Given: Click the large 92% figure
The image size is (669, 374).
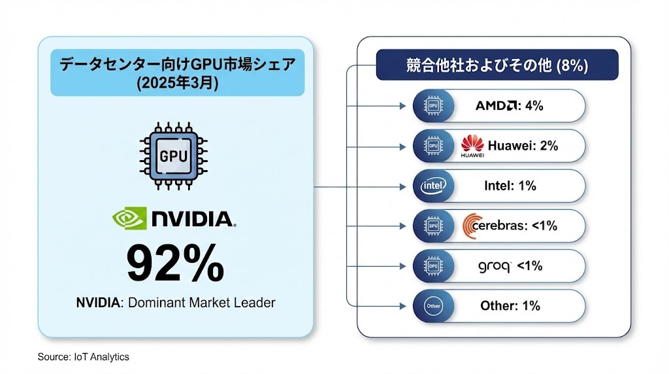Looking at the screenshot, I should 174,263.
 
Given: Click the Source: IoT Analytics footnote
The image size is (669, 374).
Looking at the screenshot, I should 83,356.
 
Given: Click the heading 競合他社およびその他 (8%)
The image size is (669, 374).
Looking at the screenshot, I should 497,65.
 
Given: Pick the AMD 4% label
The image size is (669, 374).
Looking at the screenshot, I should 509,105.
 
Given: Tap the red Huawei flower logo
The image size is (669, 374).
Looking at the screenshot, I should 472,144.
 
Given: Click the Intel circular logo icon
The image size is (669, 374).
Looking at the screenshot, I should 432,186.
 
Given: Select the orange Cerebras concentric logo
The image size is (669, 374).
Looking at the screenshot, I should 472,226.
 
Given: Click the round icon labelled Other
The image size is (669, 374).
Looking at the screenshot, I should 432,306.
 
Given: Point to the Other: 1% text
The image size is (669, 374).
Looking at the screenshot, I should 510,305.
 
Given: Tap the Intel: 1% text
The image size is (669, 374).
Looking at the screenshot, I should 510,186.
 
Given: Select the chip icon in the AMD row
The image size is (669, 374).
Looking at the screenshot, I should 432,106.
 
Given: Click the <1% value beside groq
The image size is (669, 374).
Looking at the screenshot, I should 530,265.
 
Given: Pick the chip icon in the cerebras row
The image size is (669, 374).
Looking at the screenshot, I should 432,226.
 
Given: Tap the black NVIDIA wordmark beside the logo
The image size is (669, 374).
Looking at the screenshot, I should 193,219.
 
